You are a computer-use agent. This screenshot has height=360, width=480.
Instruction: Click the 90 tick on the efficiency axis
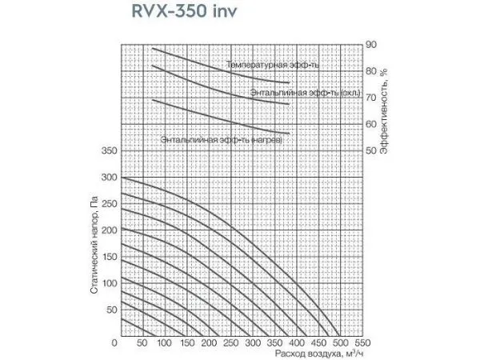tap(370, 44)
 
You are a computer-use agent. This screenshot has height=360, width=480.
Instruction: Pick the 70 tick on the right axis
tap(370, 97)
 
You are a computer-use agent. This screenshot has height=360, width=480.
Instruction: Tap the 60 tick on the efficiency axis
tap(370, 124)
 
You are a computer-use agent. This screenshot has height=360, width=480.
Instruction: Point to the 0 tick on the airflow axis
tap(118, 343)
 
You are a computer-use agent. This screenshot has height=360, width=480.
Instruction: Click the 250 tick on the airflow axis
tap(230, 343)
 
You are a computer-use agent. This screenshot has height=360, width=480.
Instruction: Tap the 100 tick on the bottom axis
tap(163, 343)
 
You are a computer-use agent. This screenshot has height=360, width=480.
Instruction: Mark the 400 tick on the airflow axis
tap(295, 343)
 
